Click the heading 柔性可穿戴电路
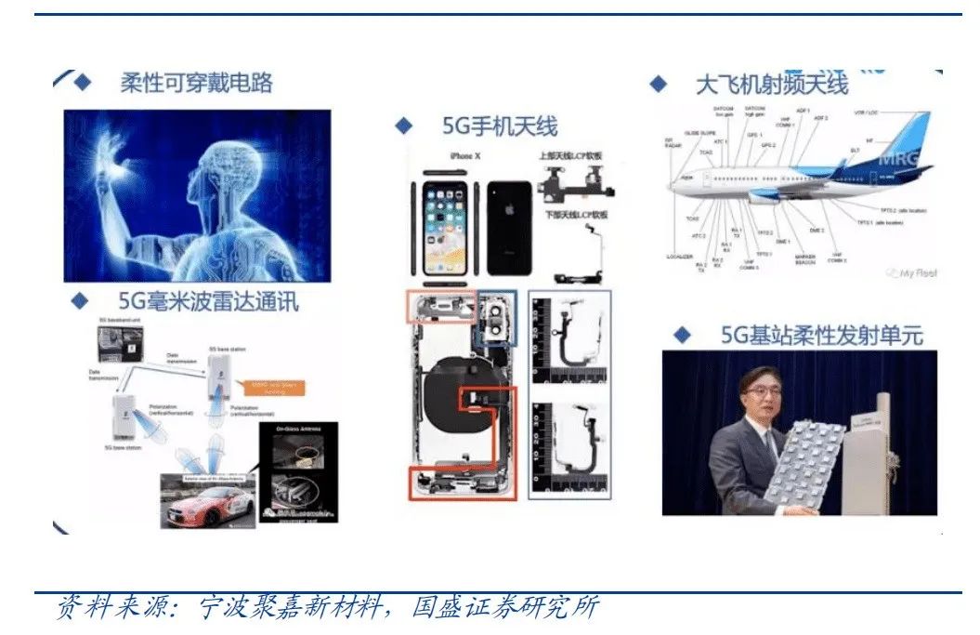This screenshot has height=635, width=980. tap(196, 83)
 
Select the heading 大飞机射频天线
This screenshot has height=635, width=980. tap(771, 84)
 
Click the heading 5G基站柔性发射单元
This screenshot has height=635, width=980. tap(821, 335)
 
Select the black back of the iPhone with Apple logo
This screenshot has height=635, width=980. tap(509, 227)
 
